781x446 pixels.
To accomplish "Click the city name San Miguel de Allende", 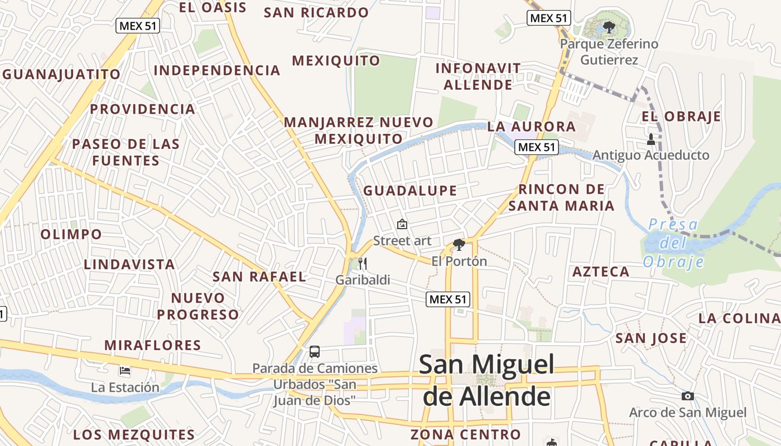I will point(486,380).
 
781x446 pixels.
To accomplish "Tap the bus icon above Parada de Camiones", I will point(315,352).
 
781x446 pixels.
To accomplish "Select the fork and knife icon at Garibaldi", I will point(363,264).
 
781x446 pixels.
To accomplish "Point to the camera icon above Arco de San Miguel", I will point(688,396).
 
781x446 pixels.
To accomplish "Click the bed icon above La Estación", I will point(125,371).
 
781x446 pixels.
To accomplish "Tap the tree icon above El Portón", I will point(459,244).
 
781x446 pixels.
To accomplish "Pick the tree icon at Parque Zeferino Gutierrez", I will point(609,26).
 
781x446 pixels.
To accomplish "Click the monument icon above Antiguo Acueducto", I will point(650,139).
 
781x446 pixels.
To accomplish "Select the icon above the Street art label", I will point(402,224).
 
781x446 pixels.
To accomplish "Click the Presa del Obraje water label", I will point(673,243).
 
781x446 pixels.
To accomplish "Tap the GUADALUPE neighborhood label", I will point(410,191).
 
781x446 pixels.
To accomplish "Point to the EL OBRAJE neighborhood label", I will point(681,117).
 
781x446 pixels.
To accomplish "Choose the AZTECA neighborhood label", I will point(601,272).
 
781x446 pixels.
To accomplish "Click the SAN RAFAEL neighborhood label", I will point(259,277).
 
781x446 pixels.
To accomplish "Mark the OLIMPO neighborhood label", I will point(71,234).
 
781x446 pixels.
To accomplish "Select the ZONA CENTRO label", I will point(465,434).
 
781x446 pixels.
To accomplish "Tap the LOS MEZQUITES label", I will point(134,434).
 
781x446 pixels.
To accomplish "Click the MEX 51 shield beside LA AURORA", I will point(536,147).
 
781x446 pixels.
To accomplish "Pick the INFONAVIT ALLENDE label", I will point(478,76).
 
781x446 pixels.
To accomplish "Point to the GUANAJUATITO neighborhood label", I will point(61,74).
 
